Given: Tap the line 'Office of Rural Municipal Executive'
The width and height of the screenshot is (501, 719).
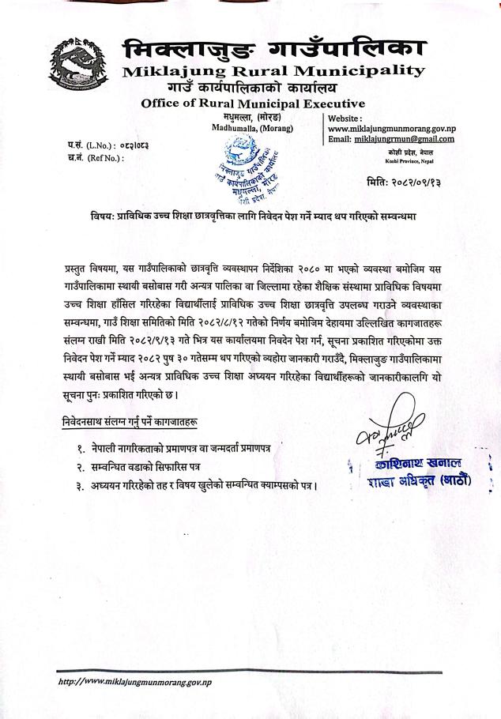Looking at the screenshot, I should pos(253,103).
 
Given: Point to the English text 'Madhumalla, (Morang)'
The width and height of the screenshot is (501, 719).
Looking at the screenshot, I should pos(252,128).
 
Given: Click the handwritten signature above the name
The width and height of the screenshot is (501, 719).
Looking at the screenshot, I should pos(401,431).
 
